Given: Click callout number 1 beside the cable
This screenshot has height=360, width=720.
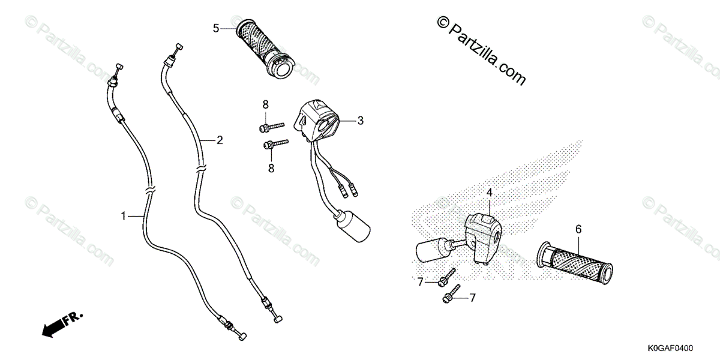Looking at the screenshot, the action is coord(124,215).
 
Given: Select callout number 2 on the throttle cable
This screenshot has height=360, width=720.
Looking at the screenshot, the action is coord(220,140).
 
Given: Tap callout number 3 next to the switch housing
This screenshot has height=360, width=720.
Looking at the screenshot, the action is coord(361,121).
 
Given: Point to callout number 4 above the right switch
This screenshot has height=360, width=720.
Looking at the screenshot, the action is coord(489,193).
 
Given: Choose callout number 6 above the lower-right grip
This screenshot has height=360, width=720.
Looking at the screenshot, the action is coord(578,229).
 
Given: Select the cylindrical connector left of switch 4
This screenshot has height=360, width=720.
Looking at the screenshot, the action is coord(430,249).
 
